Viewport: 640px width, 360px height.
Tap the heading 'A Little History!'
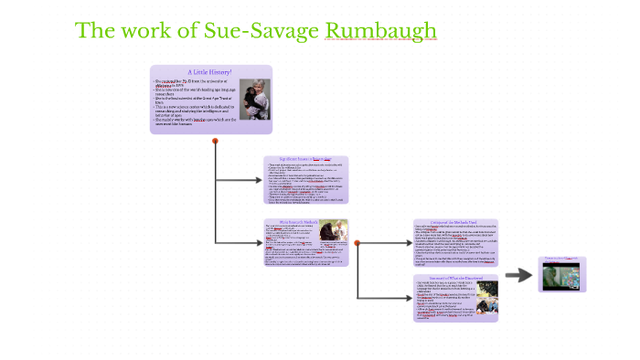point(209,71)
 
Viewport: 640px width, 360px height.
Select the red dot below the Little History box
point(215,141)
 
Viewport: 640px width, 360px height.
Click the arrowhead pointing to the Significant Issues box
point(259,180)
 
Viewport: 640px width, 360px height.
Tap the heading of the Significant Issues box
point(305,159)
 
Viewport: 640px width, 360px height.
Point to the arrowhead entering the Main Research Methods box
point(259,242)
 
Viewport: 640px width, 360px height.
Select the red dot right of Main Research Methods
point(357,242)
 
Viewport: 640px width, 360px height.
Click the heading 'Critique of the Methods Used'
point(454,222)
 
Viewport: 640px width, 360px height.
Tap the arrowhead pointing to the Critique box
point(408,244)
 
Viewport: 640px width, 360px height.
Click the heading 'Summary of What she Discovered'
point(454,277)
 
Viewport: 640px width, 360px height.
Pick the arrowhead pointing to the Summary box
point(408,298)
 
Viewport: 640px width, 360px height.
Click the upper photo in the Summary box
point(488,288)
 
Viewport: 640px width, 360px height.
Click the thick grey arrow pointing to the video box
point(519,275)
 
